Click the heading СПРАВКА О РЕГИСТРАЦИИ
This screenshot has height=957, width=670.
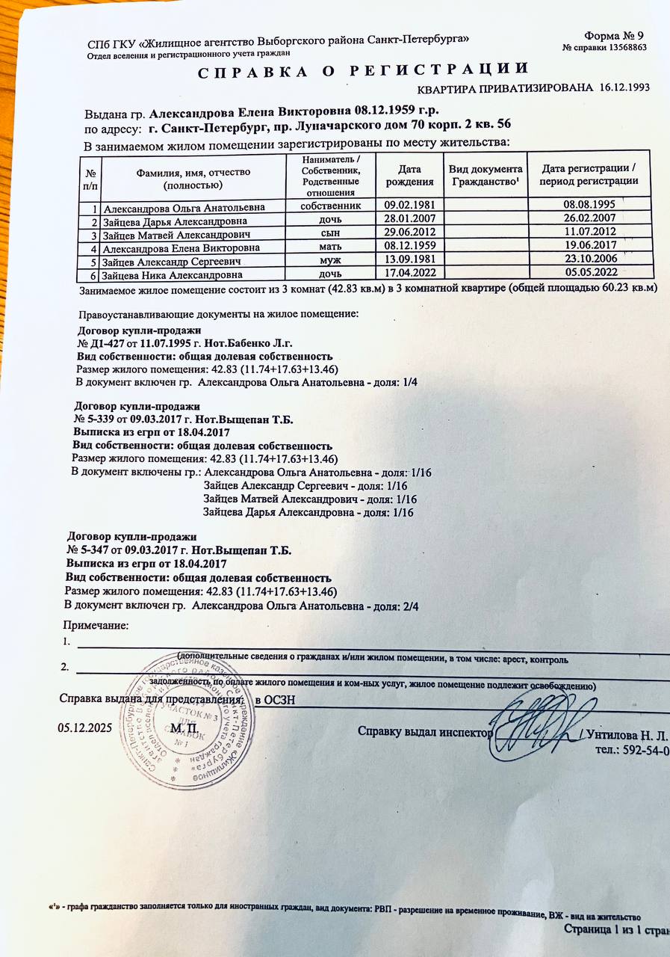[x=363, y=71]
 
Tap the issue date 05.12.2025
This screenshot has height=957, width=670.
[x=84, y=727]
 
